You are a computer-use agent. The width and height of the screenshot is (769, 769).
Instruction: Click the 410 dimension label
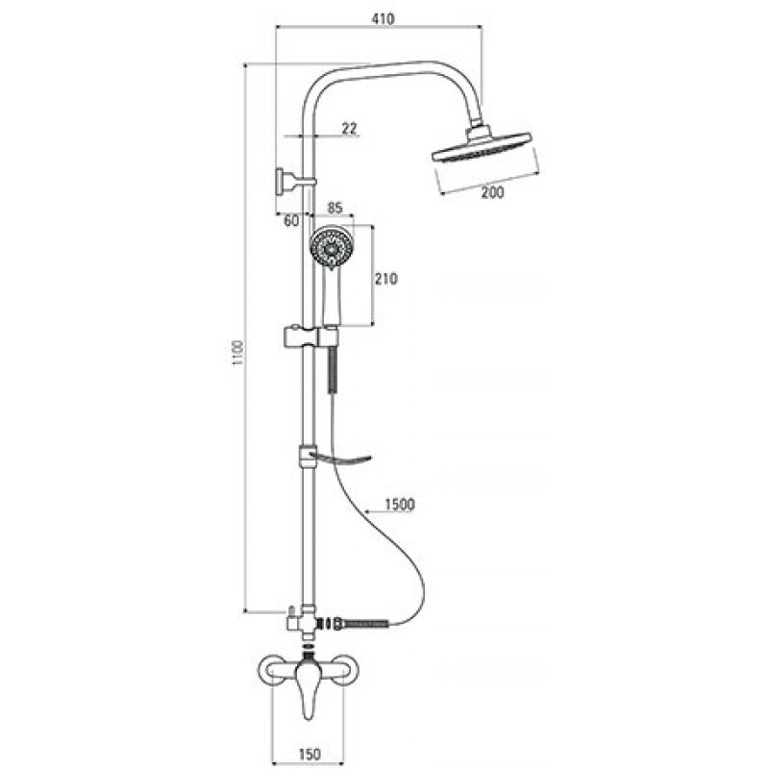click(x=383, y=19)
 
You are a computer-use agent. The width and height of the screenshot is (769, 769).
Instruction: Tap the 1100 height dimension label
click(x=237, y=353)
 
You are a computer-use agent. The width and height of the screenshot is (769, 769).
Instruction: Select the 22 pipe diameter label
click(x=350, y=129)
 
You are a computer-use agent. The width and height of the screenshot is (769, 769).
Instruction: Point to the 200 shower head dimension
click(x=492, y=192)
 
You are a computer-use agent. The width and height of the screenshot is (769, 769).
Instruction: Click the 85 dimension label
click(x=335, y=208)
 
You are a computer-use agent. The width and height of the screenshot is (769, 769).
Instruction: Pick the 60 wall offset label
click(x=291, y=221)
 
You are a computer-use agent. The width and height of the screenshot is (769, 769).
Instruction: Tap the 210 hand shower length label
click(x=386, y=279)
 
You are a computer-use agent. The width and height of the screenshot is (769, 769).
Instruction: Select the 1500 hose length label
click(x=400, y=504)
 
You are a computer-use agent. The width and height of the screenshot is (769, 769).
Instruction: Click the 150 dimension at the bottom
click(x=309, y=754)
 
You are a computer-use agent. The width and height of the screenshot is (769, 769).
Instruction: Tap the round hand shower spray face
click(x=332, y=248)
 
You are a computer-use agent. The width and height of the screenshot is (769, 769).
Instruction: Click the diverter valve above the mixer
click(x=302, y=621)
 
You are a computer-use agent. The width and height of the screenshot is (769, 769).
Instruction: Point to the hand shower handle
click(x=330, y=297)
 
